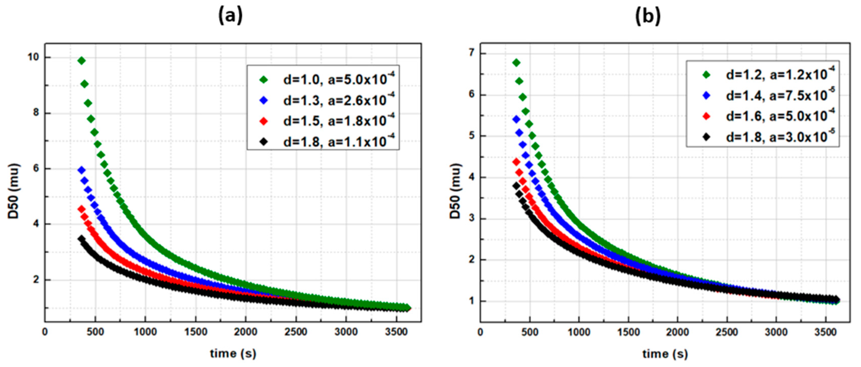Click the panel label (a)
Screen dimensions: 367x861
click(230, 16)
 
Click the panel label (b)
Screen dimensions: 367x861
click(647, 16)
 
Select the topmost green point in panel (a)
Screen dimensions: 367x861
click(81, 61)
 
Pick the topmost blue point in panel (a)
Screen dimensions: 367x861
click(81, 170)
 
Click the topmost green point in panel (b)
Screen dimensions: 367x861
click(516, 63)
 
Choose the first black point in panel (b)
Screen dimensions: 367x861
click(516, 186)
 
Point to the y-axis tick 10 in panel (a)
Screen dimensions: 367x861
click(33, 57)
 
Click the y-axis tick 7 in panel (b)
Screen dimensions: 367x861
click(472, 53)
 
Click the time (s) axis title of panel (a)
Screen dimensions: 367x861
click(233, 353)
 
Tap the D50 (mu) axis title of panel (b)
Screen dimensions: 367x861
click(455, 191)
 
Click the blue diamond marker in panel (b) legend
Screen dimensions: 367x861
click(707, 95)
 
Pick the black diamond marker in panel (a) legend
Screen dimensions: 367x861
click(264, 142)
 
